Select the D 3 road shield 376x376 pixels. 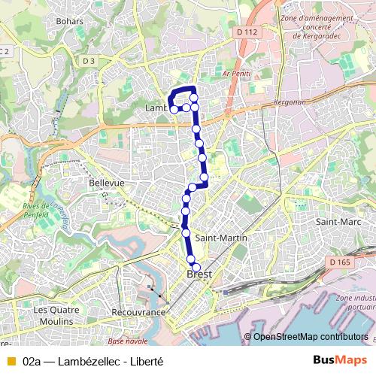coord(89,60)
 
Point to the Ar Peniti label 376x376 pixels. coord(235,74)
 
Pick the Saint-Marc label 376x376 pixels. coord(335,222)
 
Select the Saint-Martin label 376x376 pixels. coord(217,238)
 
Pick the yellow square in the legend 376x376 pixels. coord(11,360)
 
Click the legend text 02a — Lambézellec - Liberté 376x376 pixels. coord(92,360)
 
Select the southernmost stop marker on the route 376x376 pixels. coord(197,267)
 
